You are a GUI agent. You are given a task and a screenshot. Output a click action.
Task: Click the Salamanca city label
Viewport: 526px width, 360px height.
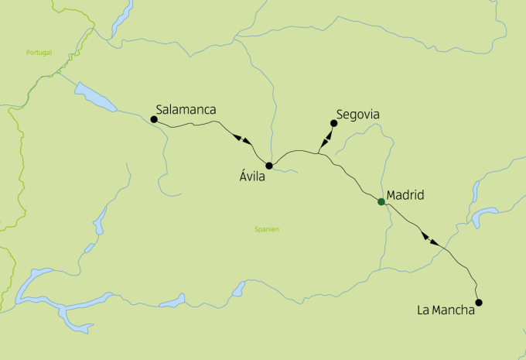pyautogui.click(x=186, y=110)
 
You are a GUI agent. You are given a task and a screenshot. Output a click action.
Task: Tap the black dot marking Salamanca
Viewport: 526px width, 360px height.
pyautogui.click(x=154, y=120)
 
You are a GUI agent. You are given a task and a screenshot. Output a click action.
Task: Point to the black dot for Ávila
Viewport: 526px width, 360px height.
pyautogui.click(x=269, y=166)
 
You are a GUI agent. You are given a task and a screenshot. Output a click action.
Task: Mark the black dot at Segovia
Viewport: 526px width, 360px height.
pyautogui.click(x=333, y=123)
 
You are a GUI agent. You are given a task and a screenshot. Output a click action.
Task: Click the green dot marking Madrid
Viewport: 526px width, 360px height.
pyautogui.click(x=381, y=202)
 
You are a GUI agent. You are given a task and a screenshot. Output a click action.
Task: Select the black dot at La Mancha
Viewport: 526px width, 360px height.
pyautogui.click(x=478, y=303)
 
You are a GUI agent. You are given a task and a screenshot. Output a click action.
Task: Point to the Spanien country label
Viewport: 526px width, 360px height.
pyautogui.click(x=267, y=229)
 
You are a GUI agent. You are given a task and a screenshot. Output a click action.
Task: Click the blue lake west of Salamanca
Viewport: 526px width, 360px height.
pyautogui.click(x=95, y=98)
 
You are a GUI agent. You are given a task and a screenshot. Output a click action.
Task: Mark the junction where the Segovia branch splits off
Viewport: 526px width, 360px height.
pyautogui.click(x=319, y=153)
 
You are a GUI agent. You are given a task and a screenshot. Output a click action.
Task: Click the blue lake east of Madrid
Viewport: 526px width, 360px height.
pyautogui.click(x=487, y=214)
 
